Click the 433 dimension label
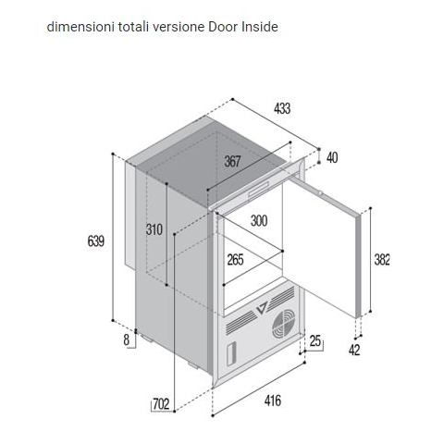282,108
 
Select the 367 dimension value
232,161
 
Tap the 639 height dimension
96,240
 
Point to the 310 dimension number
154,229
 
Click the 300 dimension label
259,221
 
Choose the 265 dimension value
235,260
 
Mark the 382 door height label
382,260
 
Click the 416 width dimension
273,401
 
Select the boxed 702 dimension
161,404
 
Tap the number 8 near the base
127,340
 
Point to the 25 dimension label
315,341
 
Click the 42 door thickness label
354,350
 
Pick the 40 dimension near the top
332,158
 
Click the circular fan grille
283,324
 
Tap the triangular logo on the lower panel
263,308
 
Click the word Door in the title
223,27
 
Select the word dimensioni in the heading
81,27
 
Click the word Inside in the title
260,27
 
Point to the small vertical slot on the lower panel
231,354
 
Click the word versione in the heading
179,27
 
